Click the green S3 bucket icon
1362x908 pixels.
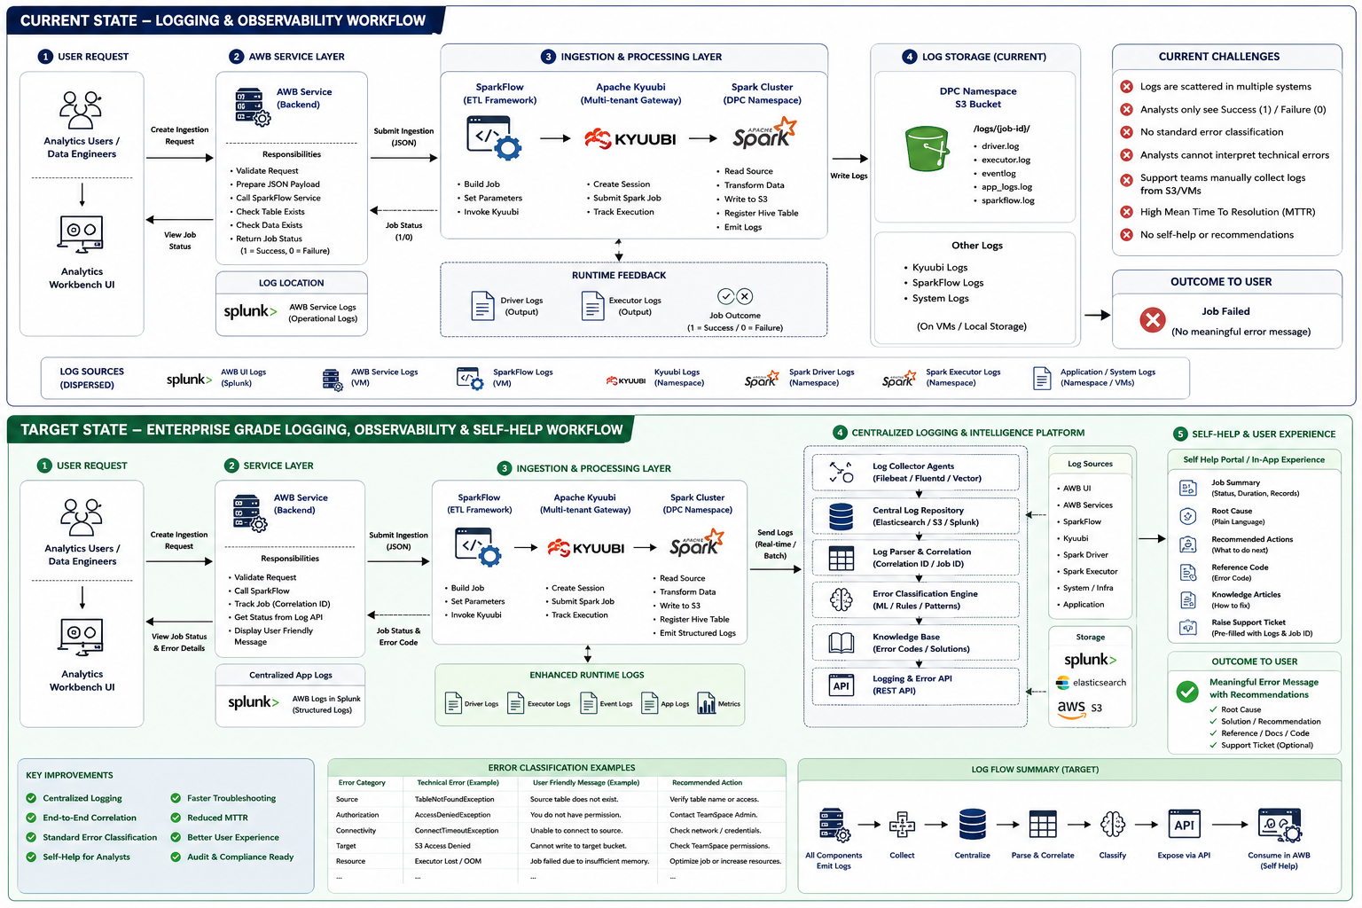click(x=927, y=148)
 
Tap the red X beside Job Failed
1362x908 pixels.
click(x=1152, y=320)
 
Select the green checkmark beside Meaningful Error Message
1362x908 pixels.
click(x=1187, y=691)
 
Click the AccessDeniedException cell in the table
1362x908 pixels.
click(x=448, y=815)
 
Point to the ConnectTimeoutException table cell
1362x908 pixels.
click(x=456, y=831)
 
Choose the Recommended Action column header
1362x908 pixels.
click(x=707, y=783)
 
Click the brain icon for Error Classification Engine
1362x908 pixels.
click(x=841, y=599)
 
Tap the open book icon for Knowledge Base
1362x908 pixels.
click(x=841, y=643)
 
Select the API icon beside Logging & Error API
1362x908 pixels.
click(x=841, y=685)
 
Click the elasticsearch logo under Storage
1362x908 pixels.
click(x=1091, y=683)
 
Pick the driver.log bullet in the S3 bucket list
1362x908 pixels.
click(x=999, y=146)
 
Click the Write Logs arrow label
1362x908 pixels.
click(x=849, y=176)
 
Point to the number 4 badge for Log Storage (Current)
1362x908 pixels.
click(x=909, y=57)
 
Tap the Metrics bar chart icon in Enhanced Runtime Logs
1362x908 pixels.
click(x=706, y=703)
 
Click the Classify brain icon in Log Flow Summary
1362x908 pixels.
click(x=1112, y=825)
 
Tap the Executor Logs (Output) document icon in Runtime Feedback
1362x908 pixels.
click(x=592, y=305)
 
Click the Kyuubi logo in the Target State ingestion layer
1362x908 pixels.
click(x=585, y=548)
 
